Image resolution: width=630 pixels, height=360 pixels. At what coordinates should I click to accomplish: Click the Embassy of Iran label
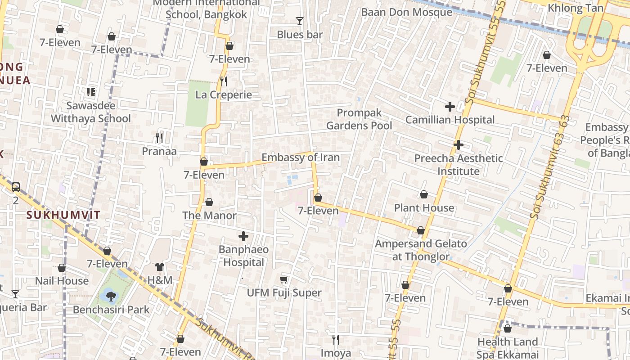click(301, 157)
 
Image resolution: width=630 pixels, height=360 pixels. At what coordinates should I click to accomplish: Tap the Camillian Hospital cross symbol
click(450, 107)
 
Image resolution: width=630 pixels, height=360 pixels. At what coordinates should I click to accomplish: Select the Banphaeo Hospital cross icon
click(243, 236)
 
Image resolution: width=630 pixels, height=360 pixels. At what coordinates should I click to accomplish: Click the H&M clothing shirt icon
click(160, 267)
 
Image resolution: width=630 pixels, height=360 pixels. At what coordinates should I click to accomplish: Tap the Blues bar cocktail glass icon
click(300, 21)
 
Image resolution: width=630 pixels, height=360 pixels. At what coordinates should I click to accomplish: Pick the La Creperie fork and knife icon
click(223, 81)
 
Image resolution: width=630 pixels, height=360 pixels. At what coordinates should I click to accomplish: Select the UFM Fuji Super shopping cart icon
click(284, 280)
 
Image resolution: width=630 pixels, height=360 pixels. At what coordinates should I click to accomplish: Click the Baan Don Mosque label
click(406, 12)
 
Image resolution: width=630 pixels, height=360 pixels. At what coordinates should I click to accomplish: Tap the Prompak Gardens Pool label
click(359, 119)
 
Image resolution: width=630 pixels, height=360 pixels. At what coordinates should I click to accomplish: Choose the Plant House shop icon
click(424, 195)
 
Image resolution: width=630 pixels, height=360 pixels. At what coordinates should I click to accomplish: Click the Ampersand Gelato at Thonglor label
click(421, 250)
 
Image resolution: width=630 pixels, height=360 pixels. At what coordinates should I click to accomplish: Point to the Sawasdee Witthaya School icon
click(91, 92)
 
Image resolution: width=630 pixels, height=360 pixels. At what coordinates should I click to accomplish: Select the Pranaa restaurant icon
click(159, 138)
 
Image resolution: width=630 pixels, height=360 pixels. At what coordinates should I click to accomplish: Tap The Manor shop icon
click(209, 202)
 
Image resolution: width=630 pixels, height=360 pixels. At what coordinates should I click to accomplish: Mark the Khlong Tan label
click(575, 8)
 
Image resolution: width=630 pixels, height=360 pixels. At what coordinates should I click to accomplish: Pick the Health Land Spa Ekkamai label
click(508, 348)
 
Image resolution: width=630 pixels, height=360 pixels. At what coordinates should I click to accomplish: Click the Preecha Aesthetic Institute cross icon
click(459, 145)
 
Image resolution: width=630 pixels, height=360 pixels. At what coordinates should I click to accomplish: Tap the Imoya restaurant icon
click(335, 340)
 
